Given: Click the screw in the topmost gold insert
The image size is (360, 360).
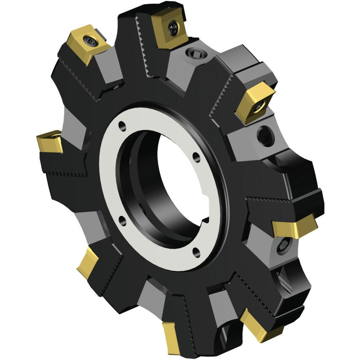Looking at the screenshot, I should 173,28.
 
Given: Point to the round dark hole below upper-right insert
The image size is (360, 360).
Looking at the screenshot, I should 266,136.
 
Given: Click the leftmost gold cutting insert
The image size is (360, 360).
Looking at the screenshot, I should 50,142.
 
